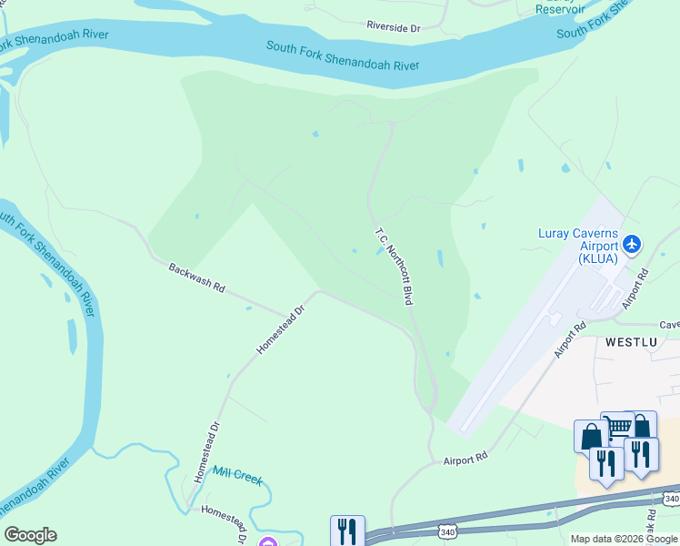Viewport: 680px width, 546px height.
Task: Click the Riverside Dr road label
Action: [x=393, y=28]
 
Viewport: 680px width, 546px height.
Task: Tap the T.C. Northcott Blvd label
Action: [x=395, y=265]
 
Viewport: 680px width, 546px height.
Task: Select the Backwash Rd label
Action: [x=196, y=277]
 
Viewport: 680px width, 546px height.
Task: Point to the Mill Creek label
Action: [x=236, y=474]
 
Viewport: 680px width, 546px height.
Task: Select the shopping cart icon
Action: [x=617, y=426]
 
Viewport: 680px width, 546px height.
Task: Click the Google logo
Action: [x=30, y=535]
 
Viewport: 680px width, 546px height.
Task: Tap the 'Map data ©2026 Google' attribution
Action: [x=624, y=539]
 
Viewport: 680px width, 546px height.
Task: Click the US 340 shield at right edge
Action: [x=671, y=499]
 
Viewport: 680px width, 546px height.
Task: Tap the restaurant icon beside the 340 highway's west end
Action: [x=347, y=530]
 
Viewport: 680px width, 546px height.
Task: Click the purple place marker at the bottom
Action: [x=267, y=542]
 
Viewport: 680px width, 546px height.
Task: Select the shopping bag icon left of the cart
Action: [x=590, y=435]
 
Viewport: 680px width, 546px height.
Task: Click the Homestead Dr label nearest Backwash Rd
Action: [x=278, y=329]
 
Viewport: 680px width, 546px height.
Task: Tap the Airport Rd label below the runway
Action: [x=466, y=460]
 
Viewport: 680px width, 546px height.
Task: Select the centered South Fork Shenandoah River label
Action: [x=343, y=56]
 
